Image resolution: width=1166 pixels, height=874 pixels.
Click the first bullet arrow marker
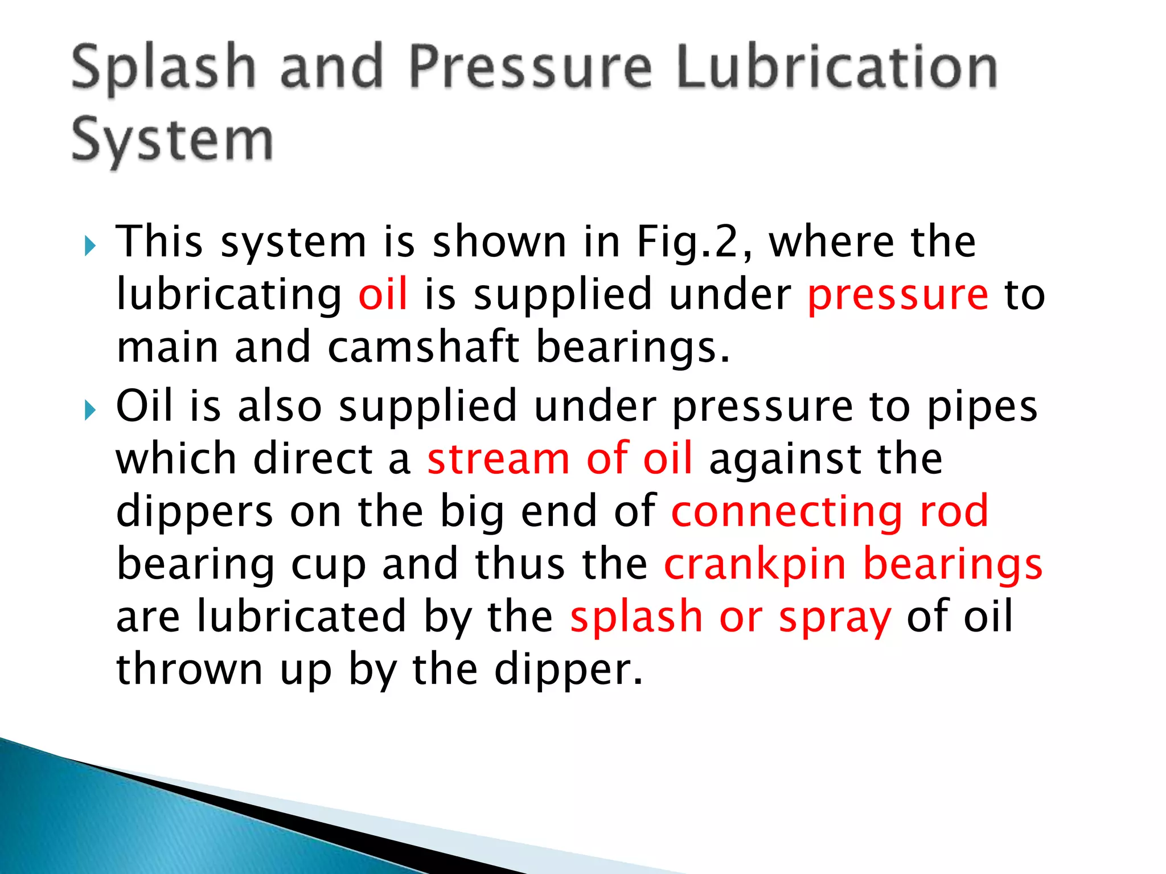89,246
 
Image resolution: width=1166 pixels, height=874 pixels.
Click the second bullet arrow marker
89,410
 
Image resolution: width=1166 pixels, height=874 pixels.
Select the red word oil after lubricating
383,294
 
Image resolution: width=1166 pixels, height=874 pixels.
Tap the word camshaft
424,347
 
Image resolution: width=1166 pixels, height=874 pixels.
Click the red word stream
498,459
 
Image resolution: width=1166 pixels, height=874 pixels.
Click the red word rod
954,511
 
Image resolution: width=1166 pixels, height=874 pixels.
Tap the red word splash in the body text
637,617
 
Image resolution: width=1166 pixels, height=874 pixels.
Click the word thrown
189,670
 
